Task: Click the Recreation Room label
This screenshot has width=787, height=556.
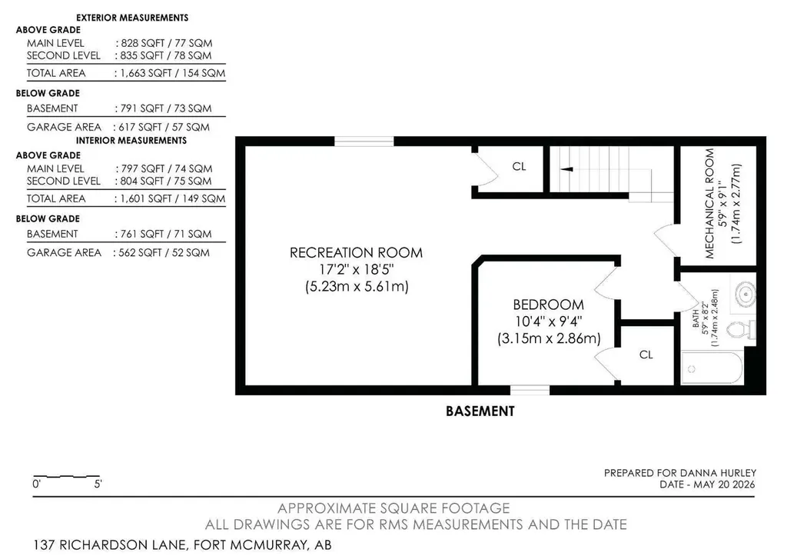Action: (x=356, y=252)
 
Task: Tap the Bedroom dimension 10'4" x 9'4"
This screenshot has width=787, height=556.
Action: (x=549, y=321)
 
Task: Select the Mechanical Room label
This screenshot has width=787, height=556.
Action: (x=709, y=204)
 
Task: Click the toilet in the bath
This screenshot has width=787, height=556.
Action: (x=742, y=330)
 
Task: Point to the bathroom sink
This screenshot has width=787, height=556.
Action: (x=745, y=294)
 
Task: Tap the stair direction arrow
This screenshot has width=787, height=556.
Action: (x=566, y=169)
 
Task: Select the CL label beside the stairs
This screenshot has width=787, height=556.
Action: (x=519, y=166)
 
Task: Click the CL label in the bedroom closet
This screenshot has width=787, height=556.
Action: (x=646, y=355)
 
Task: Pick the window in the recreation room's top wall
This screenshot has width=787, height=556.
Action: (x=364, y=141)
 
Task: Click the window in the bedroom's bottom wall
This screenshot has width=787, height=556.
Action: (x=530, y=390)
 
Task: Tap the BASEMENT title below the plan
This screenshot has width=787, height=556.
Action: (x=480, y=411)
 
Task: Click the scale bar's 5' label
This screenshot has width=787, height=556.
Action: (x=98, y=484)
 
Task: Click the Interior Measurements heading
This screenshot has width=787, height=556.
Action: (x=131, y=141)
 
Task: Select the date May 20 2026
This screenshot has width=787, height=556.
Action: (x=725, y=484)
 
